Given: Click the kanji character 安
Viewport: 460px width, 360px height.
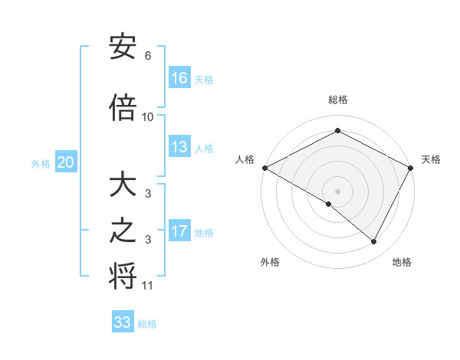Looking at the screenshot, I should click(123, 47).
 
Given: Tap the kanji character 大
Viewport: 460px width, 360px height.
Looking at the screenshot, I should click(123, 185).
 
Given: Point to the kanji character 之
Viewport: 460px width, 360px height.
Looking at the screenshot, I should click(123, 232).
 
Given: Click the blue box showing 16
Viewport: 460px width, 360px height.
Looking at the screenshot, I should click(179, 78).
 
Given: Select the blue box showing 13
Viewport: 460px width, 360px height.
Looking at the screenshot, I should click(179, 147).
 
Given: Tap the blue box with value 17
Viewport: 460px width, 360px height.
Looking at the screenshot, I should click(179, 231).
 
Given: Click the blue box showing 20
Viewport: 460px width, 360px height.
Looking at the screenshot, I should click(66, 162).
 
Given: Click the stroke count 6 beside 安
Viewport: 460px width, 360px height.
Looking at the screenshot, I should click(147, 56).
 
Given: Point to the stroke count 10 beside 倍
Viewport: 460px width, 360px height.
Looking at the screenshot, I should click(148, 116).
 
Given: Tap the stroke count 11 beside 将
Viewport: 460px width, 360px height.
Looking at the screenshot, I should click(148, 286).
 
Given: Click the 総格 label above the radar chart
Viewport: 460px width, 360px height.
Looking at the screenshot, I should click(337, 100).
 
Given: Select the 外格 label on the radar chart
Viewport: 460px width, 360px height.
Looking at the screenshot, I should click(270, 262).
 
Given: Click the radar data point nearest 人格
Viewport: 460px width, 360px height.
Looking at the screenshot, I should click(264, 168).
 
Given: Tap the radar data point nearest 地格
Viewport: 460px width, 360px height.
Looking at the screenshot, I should click(374, 242).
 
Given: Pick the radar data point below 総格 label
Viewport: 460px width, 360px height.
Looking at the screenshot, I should click(337, 131).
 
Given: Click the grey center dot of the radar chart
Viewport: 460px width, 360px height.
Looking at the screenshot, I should click(337, 191).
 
